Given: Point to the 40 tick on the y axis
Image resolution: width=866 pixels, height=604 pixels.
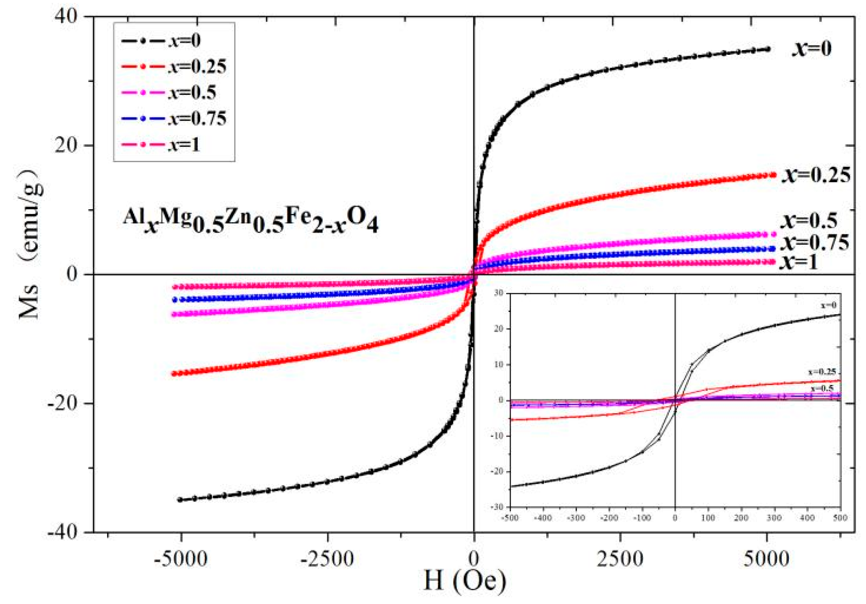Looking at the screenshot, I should coord(66,17).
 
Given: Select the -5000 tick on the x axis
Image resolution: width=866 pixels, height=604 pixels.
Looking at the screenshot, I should coord(181,558).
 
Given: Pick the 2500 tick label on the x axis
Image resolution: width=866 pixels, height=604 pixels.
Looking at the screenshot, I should coord(620,558).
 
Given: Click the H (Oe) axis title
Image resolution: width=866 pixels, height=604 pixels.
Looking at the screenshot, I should coord(465,581).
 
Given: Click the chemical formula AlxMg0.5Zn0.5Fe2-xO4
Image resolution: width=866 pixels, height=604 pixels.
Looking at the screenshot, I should coord(250,220).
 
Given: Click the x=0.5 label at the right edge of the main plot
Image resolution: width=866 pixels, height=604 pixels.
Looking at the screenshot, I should coord(809,220).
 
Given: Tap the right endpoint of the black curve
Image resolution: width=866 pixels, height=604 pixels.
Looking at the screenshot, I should coord(767,49).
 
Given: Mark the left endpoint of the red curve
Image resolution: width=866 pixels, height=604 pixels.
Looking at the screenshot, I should coord(174,374).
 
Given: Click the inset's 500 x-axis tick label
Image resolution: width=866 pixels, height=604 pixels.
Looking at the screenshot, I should coord(840,518).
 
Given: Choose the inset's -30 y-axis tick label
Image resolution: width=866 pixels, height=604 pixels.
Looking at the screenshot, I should coord(498,507).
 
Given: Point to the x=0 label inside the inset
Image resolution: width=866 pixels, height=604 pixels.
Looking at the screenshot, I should coord(828,305).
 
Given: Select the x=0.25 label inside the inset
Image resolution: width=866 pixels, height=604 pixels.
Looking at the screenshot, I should coord(822,372).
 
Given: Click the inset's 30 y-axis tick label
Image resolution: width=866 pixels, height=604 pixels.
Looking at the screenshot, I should coord(499,293).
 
